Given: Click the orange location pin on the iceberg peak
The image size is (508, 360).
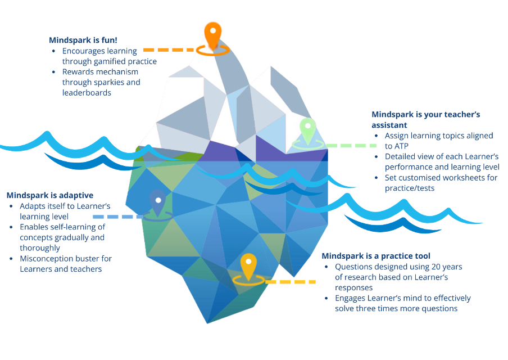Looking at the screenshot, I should (213, 35).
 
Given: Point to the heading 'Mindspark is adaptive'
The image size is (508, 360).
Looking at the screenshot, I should (50, 195).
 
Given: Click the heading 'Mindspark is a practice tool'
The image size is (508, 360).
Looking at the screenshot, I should (376, 255).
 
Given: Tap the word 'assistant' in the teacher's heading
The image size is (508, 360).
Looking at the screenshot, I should (389, 125).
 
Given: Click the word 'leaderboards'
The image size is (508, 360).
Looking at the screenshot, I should (87, 92).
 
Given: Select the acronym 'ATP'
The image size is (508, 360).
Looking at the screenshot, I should (393, 145).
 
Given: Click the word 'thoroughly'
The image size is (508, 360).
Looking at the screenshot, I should (40, 247).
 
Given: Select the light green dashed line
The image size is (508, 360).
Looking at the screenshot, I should (345, 146).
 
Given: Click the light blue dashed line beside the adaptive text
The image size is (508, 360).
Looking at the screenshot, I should (117, 217).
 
